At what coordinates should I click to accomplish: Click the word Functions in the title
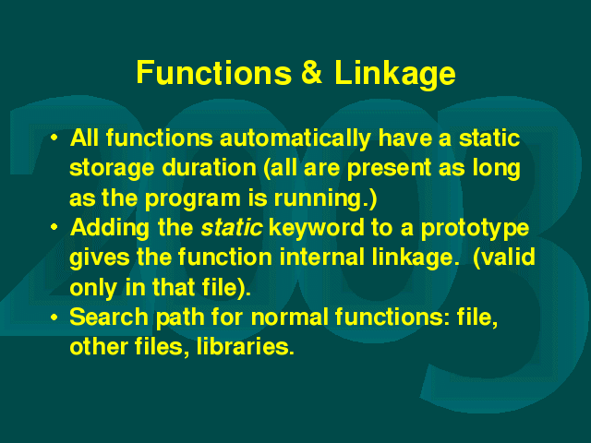pyautogui.click(x=213, y=72)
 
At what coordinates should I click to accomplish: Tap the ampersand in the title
pyautogui.click(x=312, y=72)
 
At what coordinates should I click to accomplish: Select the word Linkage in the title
pyautogui.click(x=395, y=75)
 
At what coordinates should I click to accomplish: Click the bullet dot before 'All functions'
pyautogui.click(x=54, y=138)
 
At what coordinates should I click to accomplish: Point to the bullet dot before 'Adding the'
pyautogui.click(x=54, y=227)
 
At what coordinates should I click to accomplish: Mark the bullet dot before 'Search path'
pyautogui.click(x=54, y=317)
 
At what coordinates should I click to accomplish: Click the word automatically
pyautogui.click(x=295, y=139)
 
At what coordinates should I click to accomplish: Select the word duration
pyautogui.click(x=210, y=168)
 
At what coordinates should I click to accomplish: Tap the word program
pyautogui.click(x=193, y=199)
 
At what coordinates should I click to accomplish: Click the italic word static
pyautogui.click(x=232, y=228)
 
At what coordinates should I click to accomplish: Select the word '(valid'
pyautogui.click(x=503, y=258)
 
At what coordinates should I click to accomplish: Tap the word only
pyautogui.click(x=93, y=289)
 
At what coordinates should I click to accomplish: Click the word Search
pyautogui.click(x=109, y=317)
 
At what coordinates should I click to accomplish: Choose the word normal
pyautogui.click(x=289, y=317)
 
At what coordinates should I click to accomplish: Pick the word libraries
pyautogui.click(x=245, y=347)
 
